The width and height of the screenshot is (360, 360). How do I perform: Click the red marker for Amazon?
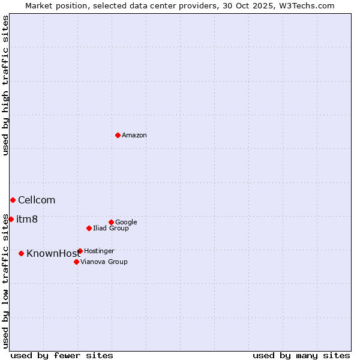click(x=118, y=135)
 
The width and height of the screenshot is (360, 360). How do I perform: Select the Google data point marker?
click(x=111, y=222)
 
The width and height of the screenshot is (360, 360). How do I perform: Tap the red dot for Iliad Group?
click(x=89, y=228)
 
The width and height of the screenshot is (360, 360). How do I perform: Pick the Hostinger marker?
click(x=80, y=251)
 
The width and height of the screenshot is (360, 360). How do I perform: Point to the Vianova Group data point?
click(x=76, y=262)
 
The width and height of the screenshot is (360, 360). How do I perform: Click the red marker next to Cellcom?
click(x=13, y=200)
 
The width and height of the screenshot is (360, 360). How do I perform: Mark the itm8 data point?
click(x=11, y=219)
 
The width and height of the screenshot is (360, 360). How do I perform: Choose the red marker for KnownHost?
click(x=21, y=253)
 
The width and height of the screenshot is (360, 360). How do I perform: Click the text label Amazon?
click(x=134, y=135)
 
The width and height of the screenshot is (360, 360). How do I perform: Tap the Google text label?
click(x=126, y=222)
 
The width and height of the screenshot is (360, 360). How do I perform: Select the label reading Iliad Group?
click(x=111, y=228)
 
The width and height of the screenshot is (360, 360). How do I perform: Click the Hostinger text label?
click(x=99, y=251)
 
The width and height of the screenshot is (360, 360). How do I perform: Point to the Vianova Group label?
click(x=104, y=262)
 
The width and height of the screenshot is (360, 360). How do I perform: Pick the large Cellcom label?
click(x=37, y=200)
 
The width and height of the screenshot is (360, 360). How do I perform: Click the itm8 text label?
click(x=27, y=219)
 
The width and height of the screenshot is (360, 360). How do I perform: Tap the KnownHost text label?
click(x=53, y=253)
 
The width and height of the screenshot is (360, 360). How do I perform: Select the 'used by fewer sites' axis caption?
click(x=62, y=355)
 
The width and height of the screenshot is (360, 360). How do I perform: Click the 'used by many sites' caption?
click(x=301, y=355)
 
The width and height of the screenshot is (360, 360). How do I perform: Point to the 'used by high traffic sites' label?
click(x=5, y=85)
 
